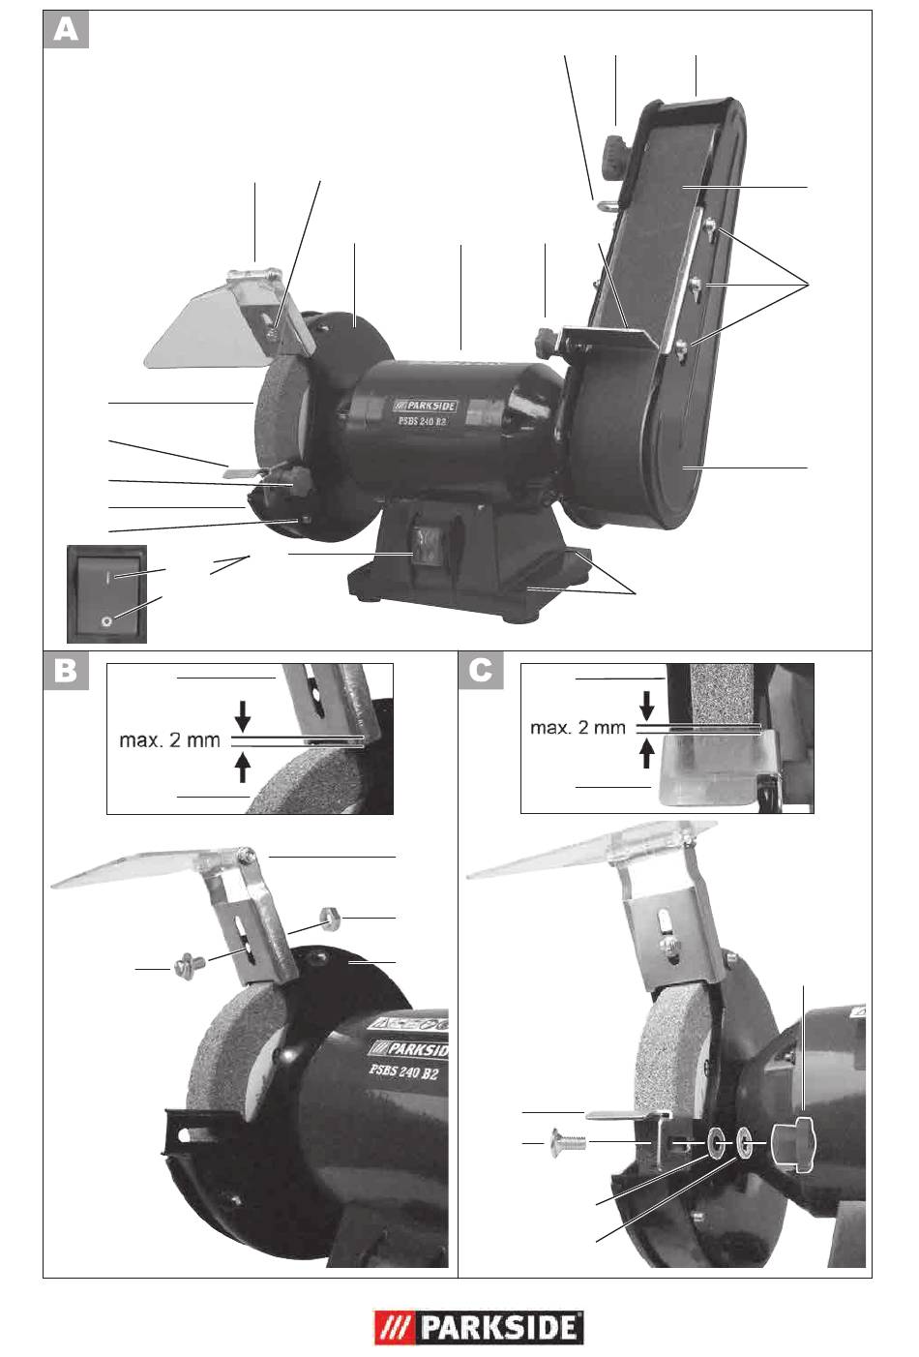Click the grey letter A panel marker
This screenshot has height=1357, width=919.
66,29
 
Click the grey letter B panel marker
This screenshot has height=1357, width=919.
66,671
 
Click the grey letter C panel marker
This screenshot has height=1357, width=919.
481,671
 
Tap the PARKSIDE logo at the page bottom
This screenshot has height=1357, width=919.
478,1328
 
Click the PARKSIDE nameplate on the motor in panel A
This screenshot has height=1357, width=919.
425,406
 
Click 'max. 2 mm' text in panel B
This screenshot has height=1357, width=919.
169,739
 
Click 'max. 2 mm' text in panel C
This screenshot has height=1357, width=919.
578,727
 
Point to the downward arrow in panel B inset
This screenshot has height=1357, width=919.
243,716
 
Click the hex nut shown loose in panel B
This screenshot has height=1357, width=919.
330,919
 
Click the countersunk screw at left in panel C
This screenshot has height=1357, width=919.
569,1143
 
